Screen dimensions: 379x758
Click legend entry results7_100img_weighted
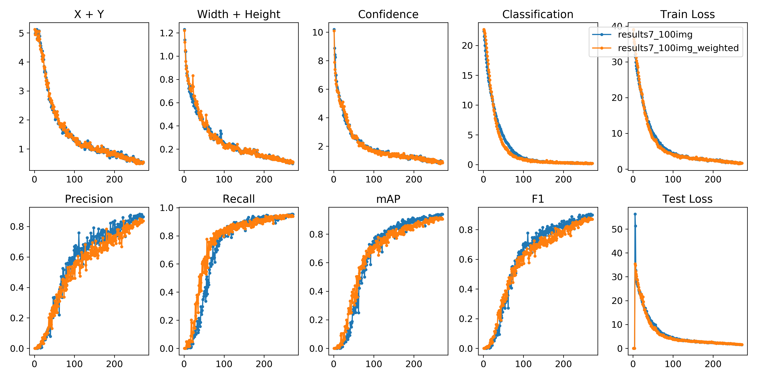pos(678,48)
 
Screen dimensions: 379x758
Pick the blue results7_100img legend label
pos(655,34)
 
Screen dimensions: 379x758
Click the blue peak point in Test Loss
pos(635,214)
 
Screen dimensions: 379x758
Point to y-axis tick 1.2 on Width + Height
pos(167,33)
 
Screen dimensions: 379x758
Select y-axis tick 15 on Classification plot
pos(467,76)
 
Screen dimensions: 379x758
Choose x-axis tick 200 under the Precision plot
pos(114,364)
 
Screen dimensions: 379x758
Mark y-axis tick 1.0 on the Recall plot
pos(167,208)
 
